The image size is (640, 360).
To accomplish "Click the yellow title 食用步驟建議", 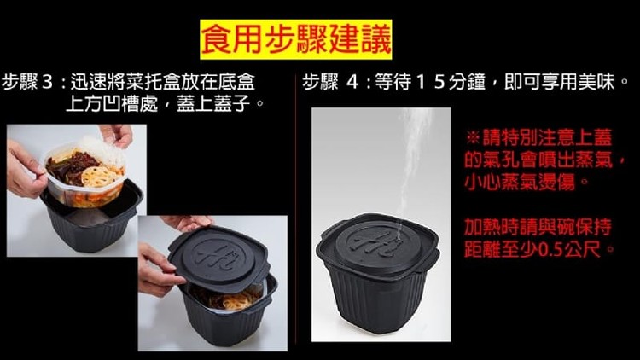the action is pos(296,39).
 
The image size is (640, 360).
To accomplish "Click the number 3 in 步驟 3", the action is pos(47,82).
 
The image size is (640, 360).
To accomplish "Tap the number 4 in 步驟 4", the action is pos(352,82).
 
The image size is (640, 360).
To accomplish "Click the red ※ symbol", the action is pos(473,137).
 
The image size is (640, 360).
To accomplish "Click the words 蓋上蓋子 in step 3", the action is pos(213,102).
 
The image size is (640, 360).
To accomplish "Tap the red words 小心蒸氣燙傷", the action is pos(520,181).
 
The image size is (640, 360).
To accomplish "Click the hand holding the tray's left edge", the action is pos(25,170).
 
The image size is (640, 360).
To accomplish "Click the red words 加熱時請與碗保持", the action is pos(538,227).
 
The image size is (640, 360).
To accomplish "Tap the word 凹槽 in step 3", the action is pos(121,102).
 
